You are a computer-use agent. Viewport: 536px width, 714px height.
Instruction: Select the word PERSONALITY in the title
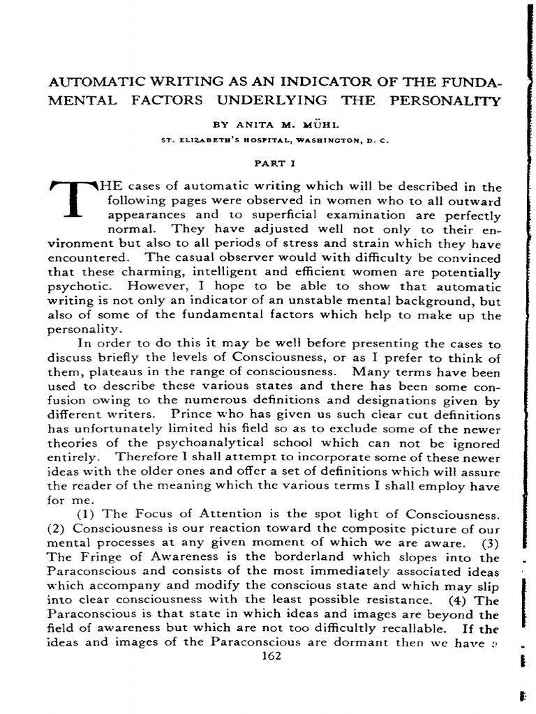point(442,100)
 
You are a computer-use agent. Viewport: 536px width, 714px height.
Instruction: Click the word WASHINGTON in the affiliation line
point(317,139)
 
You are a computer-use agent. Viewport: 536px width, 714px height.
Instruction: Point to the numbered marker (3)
point(491,543)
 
